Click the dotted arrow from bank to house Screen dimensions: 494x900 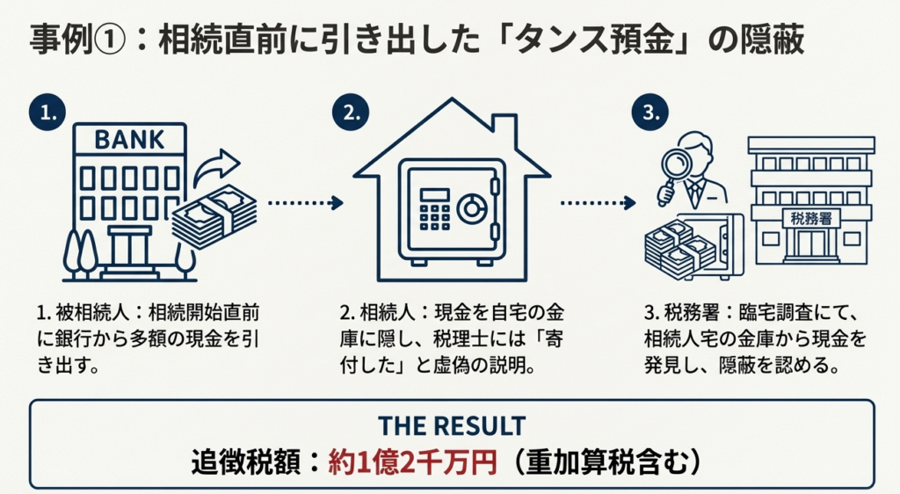(x=304, y=203)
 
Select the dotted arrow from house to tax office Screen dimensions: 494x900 (x=598, y=203)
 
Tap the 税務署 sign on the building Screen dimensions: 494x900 (x=809, y=216)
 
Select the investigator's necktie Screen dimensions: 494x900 (x=694, y=192)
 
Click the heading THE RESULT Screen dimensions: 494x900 (x=451, y=425)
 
